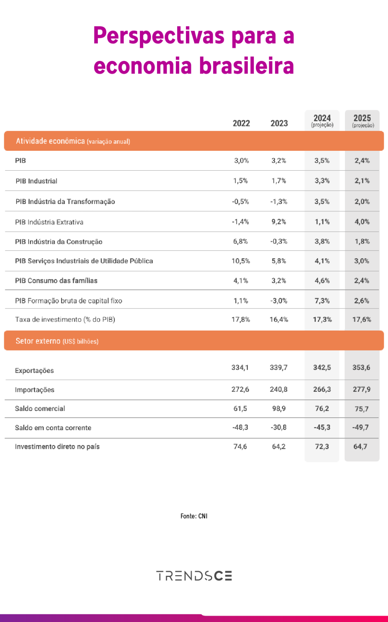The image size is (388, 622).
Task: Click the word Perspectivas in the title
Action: click(159, 36)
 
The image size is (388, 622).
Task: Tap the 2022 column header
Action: click(241, 123)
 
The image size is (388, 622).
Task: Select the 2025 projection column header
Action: click(362, 120)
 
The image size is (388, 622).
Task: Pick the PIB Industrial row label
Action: click(36, 181)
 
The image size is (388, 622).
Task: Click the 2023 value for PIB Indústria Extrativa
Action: click(279, 221)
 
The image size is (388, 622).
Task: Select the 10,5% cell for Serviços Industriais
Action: click(240, 261)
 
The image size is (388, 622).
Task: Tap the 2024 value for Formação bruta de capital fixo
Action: click(322, 301)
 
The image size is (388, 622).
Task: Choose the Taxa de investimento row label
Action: click(65, 319)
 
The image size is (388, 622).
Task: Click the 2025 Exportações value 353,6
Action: click(361, 367)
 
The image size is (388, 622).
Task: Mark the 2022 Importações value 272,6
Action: click(240, 389)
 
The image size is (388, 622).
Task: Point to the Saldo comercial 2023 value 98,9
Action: click(279, 408)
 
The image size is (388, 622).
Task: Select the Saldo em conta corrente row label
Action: click(53, 427)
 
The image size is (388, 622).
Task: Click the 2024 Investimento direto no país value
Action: click(322, 446)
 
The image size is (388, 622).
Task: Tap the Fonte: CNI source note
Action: click(194, 516)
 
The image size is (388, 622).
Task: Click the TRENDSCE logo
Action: click(194, 576)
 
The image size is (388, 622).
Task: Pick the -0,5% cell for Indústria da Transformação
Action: click(240, 202)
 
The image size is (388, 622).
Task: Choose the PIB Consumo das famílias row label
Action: click(56, 281)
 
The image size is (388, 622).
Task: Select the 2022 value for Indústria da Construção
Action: click(240, 241)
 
